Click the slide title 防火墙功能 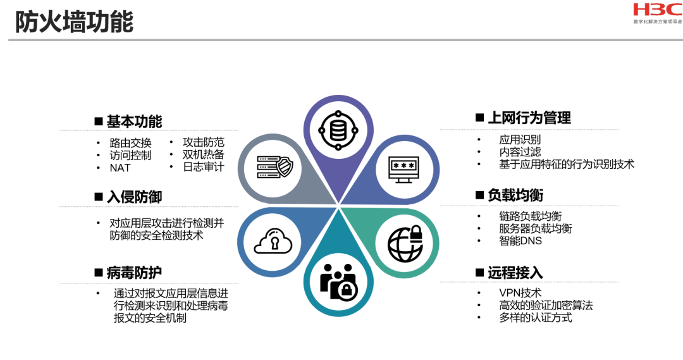pos(75,22)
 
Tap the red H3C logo pos(657,11)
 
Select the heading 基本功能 pos(134,121)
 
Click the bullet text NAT pos(120,168)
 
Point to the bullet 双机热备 pos(203,154)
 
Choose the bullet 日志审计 pos(203,167)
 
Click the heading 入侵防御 pos(134,197)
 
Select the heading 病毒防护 pos(134,273)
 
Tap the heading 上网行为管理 pos(529,118)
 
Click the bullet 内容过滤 pos(520,152)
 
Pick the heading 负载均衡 pos(515,195)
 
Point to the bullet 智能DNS pos(520,240)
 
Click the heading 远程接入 pos(515,273)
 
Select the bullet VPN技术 pos(520,293)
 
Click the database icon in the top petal pos(338,131)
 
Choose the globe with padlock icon pos(405,241)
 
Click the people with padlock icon pos(338,282)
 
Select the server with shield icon pos(274,167)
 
